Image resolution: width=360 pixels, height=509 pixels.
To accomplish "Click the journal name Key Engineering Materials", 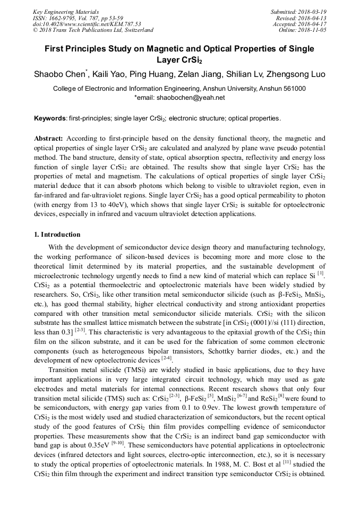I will [x=66, y=11].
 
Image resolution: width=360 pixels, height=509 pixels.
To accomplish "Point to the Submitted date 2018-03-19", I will [x=313, y=11].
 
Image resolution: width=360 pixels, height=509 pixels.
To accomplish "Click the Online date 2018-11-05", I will [x=313, y=30].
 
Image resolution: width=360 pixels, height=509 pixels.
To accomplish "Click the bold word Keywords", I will [x=50, y=118].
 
